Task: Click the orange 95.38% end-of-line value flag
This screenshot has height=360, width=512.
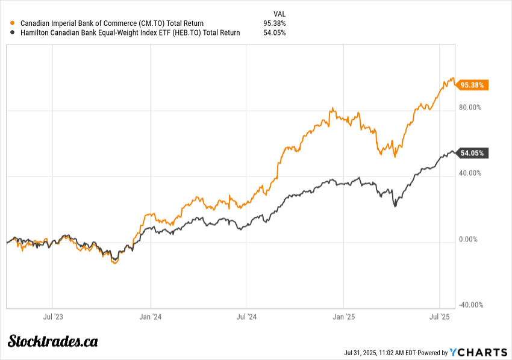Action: [x=472, y=85]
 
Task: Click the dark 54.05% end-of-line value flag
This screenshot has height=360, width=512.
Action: [x=472, y=153]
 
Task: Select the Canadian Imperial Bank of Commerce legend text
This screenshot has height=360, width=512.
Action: [x=111, y=23]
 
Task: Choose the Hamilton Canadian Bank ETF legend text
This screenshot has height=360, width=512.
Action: [x=130, y=33]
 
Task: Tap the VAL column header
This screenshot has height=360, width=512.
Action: [x=279, y=13]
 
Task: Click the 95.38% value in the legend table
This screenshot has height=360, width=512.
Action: [x=274, y=23]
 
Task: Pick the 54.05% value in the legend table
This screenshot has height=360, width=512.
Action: [x=274, y=33]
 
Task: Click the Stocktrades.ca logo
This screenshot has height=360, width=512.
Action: [x=53, y=341]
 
